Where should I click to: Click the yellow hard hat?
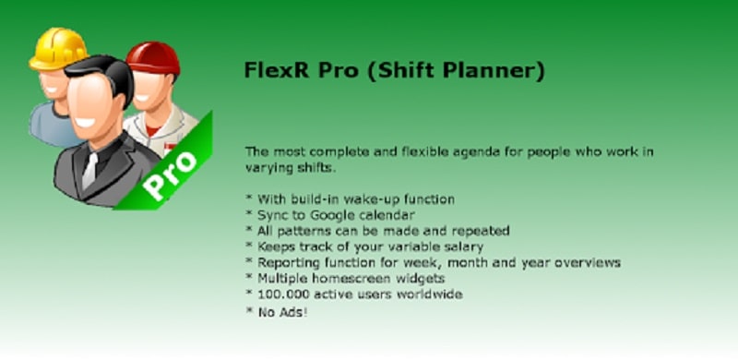pyautogui.click(x=57, y=48)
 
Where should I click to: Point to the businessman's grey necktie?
pyautogui.click(x=89, y=171)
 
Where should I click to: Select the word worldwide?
pyautogui.click(x=428, y=294)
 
